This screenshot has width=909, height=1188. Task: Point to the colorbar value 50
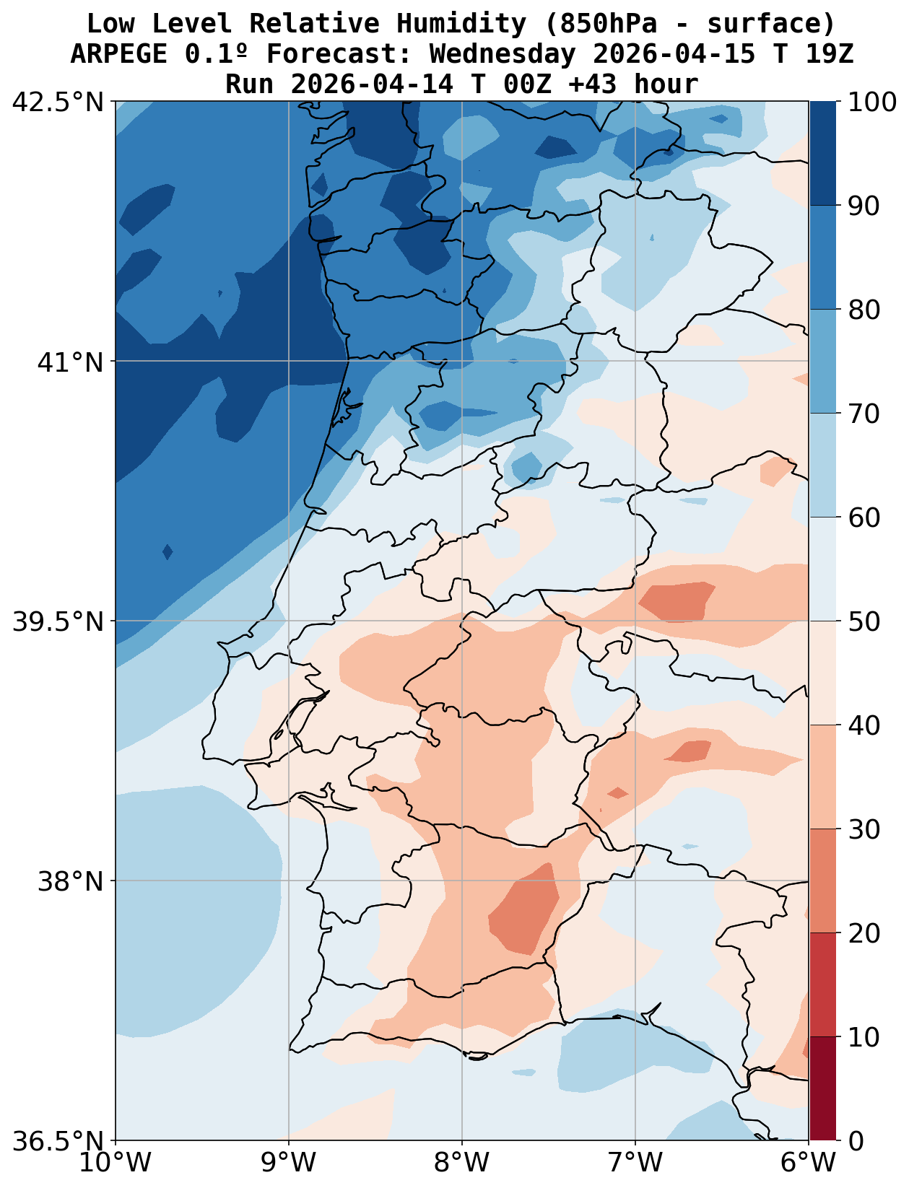click(864, 621)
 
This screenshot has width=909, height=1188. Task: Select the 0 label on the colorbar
click(855, 1141)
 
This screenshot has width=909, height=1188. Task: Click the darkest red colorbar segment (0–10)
click(822, 1088)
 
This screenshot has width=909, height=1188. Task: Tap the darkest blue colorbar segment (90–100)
click(822, 153)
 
